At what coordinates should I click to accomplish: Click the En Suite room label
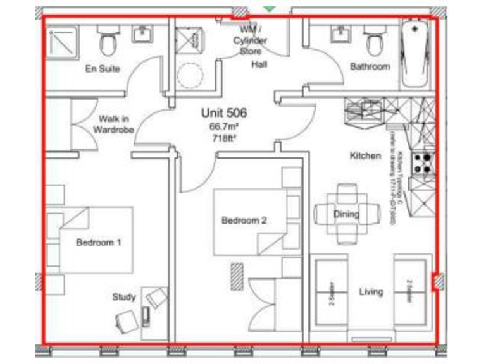click(x=103, y=69)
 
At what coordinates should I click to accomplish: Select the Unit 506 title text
click(x=223, y=114)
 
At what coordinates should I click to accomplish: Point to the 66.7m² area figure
click(x=223, y=126)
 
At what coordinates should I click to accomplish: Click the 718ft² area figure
click(x=223, y=137)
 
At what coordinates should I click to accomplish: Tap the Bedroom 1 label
click(x=99, y=242)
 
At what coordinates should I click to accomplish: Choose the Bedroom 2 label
click(x=244, y=221)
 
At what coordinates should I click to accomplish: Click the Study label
click(x=124, y=296)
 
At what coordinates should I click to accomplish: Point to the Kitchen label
click(x=366, y=155)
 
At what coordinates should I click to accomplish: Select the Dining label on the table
click(x=346, y=214)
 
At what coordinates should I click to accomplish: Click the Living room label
click(x=371, y=292)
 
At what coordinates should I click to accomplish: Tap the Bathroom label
click(x=370, y=66)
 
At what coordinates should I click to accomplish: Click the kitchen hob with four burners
click(x=423, y=164)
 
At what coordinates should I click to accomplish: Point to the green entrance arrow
click(x=270, y=8)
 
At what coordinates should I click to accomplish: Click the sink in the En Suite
click(x=142, y=34)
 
